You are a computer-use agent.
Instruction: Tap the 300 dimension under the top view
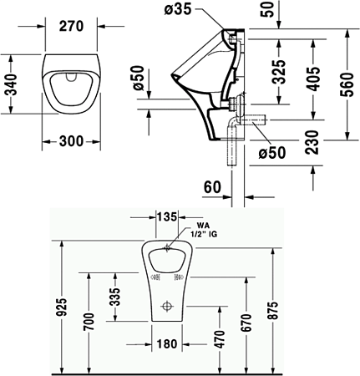tap(71, 141)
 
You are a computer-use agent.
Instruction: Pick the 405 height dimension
tap(312, 78)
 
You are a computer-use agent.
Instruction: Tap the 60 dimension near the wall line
tap(212, 187)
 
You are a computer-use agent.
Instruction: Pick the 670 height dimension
tap(245, 323)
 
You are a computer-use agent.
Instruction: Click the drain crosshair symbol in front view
tap(168, 305)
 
